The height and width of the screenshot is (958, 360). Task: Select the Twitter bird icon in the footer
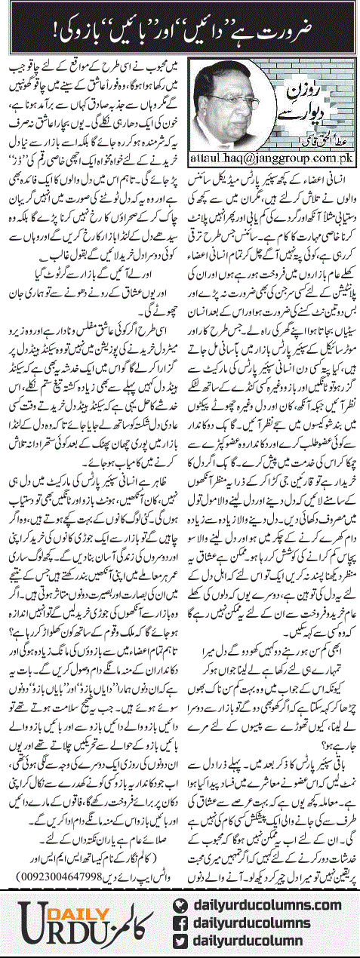(182, 942)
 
